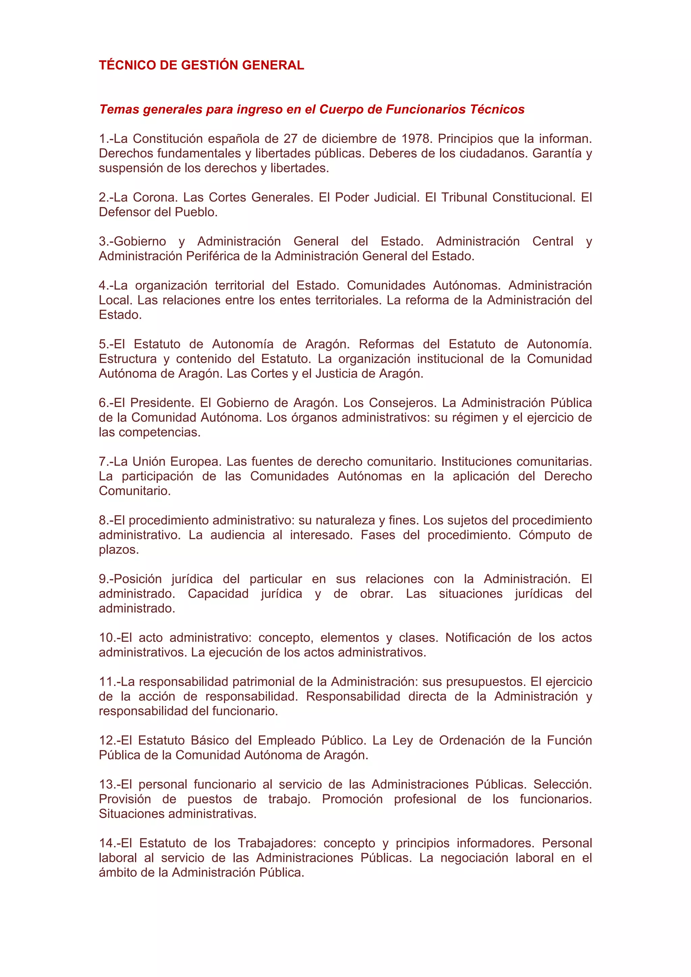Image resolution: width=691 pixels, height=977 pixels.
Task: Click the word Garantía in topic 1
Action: [556, 153]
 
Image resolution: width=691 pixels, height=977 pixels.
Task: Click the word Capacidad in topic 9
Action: [218, 594]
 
